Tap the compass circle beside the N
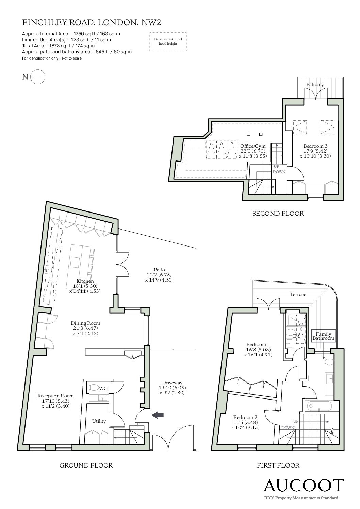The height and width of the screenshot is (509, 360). click(x=38, y=77)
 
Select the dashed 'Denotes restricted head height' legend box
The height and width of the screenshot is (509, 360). click(x=168, y=42)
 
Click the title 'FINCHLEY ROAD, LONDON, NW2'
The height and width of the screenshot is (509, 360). click(x=92, y=22)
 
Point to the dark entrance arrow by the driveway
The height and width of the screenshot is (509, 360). click(x=158, y=415)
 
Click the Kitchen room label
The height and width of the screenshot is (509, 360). click(x=85, y=281)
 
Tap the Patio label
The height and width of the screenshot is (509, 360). click(x=159, y=270)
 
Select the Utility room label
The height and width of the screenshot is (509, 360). click(x=99, y=421)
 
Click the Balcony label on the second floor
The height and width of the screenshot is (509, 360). click(x=315, y=84)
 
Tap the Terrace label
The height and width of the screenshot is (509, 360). click(x=298, y=294)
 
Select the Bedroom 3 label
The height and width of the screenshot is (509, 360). click(x=315, y=146)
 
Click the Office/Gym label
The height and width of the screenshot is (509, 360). click(x=253, y=146)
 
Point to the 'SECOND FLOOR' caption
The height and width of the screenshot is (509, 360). click(x=278, y=214)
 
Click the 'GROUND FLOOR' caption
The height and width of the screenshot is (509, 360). click(x=86, y=465)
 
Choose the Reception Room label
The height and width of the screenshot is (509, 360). click(x=55, y=396)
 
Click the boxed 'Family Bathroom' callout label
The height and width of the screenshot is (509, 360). click(x=323, y=336)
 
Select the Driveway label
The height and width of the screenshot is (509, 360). click(x=172, y=383)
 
